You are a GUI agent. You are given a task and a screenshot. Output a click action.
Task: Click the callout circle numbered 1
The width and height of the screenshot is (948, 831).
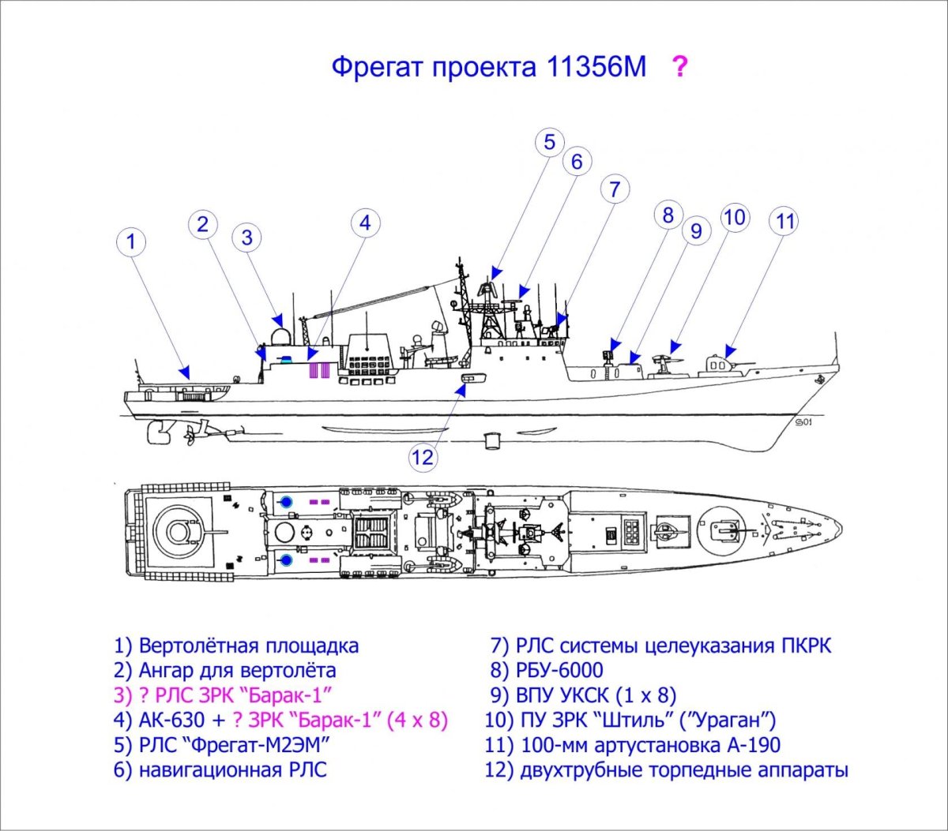(x=132, y=242)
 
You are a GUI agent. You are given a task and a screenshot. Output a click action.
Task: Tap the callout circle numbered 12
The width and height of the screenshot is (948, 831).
(x=424, y=456)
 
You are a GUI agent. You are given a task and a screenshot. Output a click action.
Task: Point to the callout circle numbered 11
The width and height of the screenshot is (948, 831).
(x=784, y=221)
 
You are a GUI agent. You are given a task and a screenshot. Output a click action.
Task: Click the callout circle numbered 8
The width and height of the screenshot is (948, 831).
(x=668, y=215)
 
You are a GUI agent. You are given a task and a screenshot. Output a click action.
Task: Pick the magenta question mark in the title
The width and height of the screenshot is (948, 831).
(x=679, y=67)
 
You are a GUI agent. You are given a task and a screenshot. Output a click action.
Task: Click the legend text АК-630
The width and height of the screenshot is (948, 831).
(x=165, y=720)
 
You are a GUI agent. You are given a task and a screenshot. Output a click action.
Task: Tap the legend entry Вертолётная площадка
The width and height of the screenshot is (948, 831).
(x=248, y=646)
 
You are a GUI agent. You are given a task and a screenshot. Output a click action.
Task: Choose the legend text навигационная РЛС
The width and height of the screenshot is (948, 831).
(x=232, y=769)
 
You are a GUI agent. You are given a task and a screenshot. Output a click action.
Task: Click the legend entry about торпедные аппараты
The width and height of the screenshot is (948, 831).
(x=683, y=769)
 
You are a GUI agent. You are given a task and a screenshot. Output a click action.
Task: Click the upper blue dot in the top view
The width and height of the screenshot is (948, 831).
(x=286, y=501)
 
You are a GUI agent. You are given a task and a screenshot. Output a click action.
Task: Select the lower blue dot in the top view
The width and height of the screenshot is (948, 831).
(x=286, y=560)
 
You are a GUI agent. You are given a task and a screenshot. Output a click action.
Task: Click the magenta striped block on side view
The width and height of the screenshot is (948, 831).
(x=318, y=369)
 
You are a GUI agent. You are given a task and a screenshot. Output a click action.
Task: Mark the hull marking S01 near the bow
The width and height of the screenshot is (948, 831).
(x=803, y=422)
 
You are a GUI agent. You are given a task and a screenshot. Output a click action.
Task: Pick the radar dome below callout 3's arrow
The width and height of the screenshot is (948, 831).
(x=279, y=338)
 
